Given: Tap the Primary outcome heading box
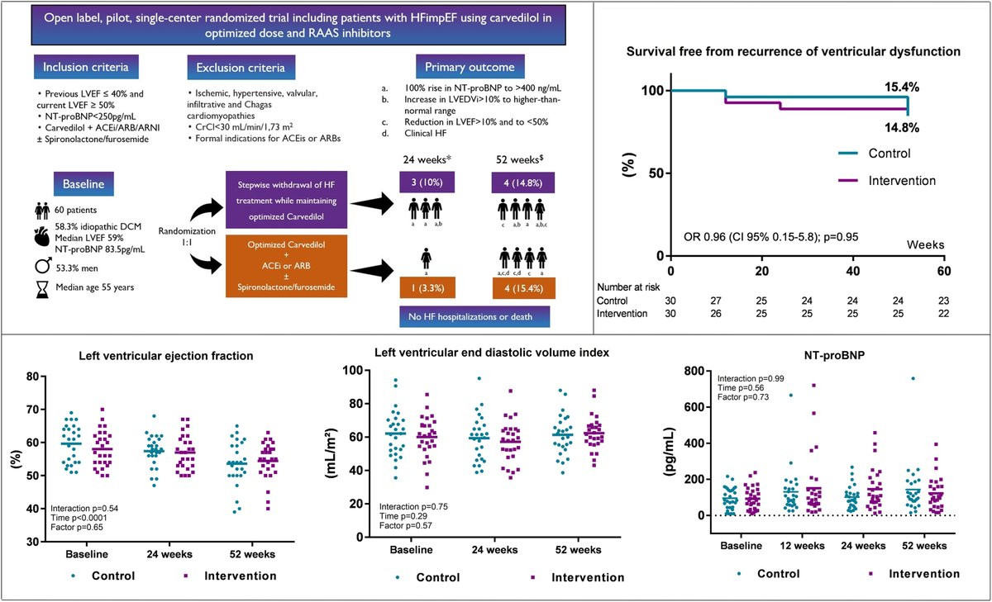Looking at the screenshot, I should pos(464,67).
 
